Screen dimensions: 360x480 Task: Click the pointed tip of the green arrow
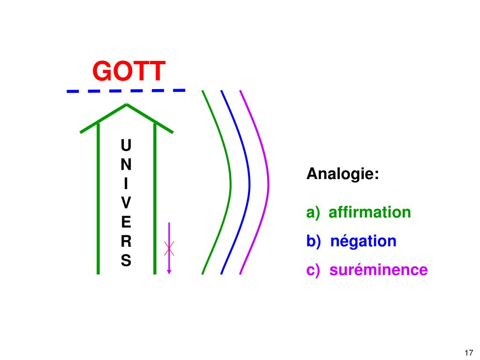[127, 105]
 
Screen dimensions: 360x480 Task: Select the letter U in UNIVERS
[126, 145]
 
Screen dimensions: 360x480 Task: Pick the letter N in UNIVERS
[126, 165]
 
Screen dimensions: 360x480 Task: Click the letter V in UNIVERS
[126, 203]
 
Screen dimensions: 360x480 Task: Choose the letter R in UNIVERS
[126, 241]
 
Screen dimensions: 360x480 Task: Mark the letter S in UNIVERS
[126, 261]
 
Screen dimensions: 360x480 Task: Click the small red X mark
[169, 248]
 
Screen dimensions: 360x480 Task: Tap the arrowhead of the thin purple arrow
[169, 270]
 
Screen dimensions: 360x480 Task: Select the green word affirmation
[369, 212]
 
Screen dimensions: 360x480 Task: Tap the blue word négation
[363, 241]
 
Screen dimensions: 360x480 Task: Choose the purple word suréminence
[378, 270]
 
